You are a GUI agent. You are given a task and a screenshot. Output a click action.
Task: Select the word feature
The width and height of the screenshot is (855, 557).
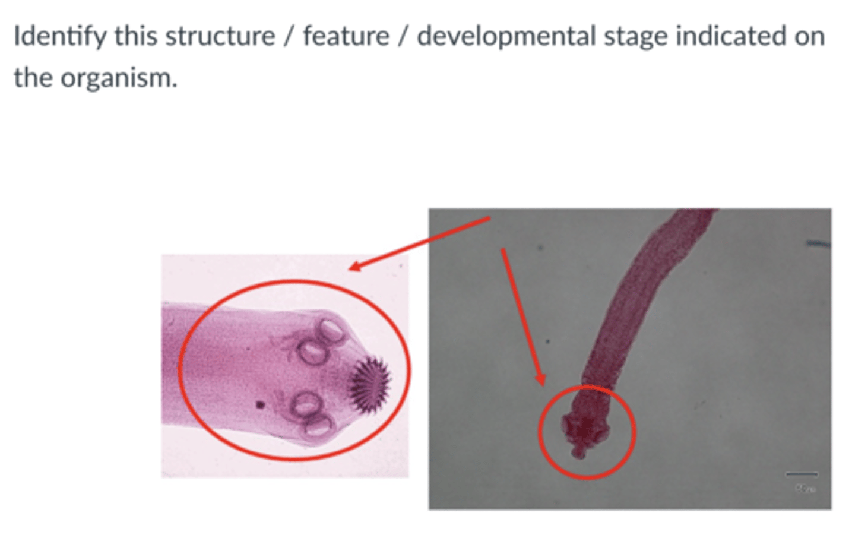click(x=346, y=37)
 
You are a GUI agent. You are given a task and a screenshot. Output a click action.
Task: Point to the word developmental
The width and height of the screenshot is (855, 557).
click(x=506, y=37)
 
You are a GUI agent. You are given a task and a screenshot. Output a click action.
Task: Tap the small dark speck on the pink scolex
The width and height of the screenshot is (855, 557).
click(x=259, y=405)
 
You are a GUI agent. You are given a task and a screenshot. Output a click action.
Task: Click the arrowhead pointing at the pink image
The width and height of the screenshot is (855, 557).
click(x=354, y=267)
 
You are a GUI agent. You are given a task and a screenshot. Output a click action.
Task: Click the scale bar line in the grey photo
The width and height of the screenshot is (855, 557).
click(x=802, y=474)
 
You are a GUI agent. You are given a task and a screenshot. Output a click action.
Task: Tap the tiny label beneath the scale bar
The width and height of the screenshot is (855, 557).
click(x=805, y=489)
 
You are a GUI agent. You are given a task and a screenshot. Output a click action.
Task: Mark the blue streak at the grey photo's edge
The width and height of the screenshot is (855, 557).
click(x=819, y=243)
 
